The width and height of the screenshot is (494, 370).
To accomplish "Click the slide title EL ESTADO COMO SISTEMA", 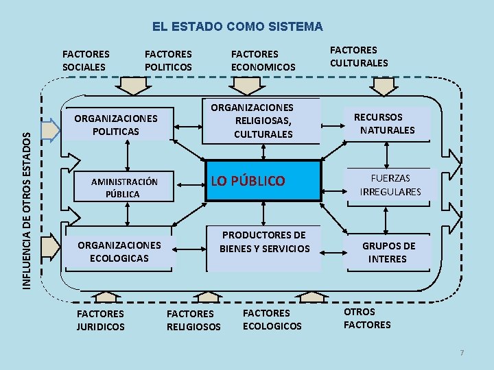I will (x=237, y=27).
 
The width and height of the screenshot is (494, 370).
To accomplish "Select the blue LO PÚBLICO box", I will (x=264, y=181).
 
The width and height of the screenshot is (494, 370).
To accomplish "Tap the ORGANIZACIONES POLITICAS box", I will (x=116, y=124).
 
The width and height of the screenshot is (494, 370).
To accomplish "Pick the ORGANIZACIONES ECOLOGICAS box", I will (x=119, y=251).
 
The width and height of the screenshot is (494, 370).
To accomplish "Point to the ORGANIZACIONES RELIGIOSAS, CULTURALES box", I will (x=261, y=121).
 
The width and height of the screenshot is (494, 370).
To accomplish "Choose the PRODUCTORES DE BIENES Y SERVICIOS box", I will (x=264, y=242).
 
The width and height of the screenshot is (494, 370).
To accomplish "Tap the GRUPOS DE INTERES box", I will (x=388, y=252).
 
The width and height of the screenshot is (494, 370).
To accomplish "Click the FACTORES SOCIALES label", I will (x=85, y=60).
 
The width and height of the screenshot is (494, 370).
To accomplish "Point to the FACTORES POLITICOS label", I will (x=168, y=60).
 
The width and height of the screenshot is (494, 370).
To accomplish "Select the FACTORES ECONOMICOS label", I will (x=263, y=60).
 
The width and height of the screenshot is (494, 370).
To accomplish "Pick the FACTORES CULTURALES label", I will (x=359, y=56).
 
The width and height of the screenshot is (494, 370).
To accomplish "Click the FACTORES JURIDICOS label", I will (x=101, y=321).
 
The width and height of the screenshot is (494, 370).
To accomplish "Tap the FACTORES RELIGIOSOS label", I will (x=193, y=321).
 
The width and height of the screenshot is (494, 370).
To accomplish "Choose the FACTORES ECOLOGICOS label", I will (x=272, y=319).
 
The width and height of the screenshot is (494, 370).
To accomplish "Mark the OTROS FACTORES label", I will (x=367, y=318).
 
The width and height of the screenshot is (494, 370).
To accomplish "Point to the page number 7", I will (x=462, y=353).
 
